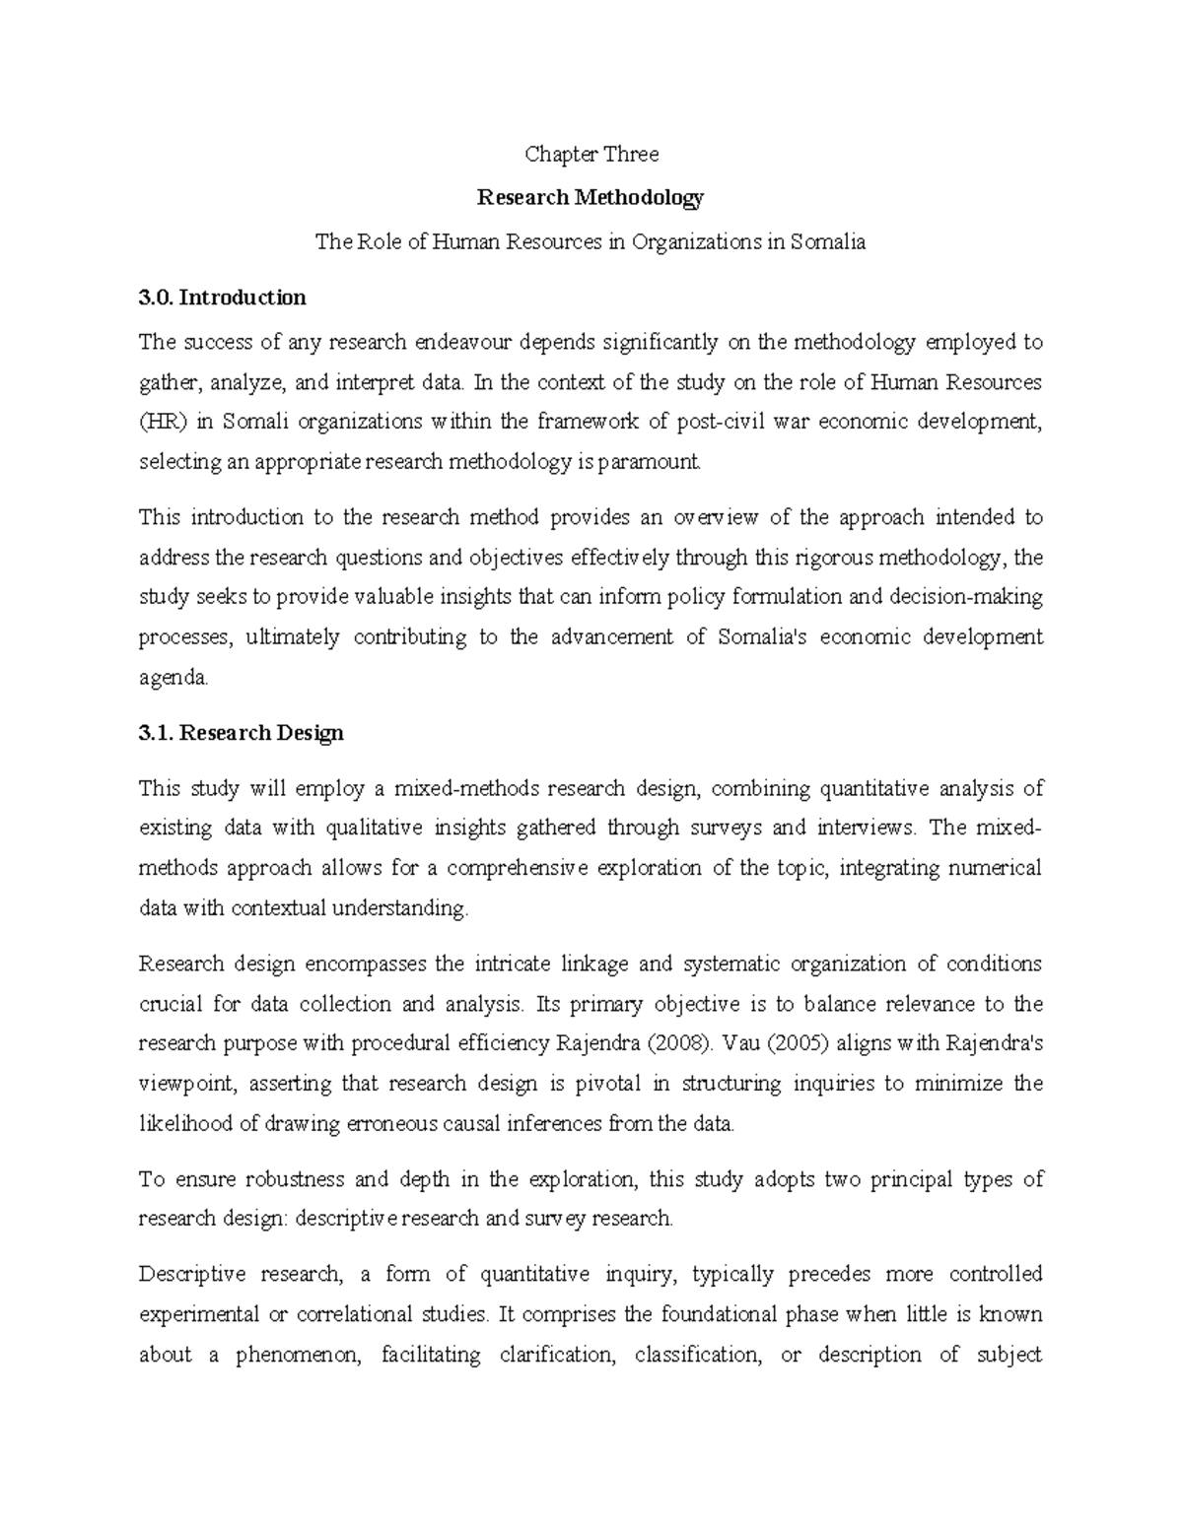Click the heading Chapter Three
591,154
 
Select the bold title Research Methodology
591,198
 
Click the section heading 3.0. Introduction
223,298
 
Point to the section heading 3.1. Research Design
242,733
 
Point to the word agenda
174,678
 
